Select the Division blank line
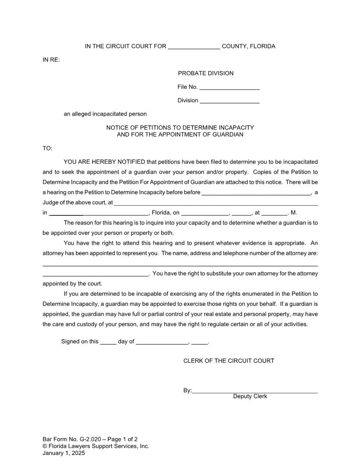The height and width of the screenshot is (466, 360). point(229,101)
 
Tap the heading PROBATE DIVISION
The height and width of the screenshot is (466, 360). point(206,73)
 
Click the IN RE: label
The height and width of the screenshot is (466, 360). point(51,60)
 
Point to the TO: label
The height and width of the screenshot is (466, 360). point(47,148)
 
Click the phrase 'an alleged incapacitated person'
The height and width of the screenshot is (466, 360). point(105,114)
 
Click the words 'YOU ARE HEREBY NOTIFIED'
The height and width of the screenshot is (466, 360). point(104,162)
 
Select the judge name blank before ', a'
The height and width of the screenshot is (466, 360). point(256,193)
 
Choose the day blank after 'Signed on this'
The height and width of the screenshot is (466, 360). point(108,342)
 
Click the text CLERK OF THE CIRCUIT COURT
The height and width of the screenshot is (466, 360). point(229,361)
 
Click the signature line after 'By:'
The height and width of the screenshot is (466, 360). point(255,391)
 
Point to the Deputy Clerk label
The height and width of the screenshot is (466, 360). point(250,396)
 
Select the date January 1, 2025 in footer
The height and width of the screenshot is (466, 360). point(64,453)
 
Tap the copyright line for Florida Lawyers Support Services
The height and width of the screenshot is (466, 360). point(96,446)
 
